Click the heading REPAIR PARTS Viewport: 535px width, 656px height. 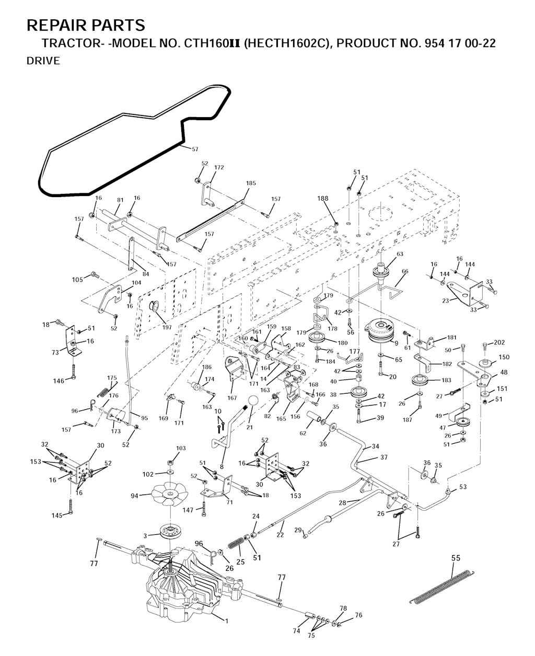click(86, 25)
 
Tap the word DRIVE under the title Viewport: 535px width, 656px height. click(43, 61)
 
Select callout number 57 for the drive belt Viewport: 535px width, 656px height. click(194, 149)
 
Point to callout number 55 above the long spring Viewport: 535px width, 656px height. click(456, 558)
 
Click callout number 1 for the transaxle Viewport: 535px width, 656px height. click(226, 620)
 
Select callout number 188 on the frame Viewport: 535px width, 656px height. click(323, 199)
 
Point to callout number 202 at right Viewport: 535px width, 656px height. click(499, 343)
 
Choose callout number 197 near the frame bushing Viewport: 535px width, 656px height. click(167, 327)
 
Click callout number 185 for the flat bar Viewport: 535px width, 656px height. click(251, 183)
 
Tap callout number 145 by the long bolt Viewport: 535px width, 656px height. click(56, 515)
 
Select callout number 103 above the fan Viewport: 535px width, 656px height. click(181, 448)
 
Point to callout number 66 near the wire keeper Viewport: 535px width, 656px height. click(404, 271)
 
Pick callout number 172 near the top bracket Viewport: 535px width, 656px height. click(219, 168)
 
